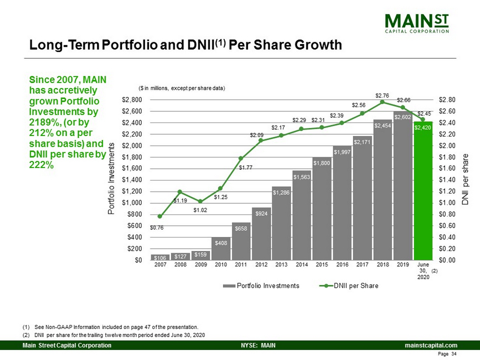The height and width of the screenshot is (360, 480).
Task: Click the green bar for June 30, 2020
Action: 423,191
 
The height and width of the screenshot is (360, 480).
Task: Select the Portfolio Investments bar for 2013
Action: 281,223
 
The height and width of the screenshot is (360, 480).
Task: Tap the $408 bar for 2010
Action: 221,249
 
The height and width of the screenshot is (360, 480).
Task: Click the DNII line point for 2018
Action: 382,102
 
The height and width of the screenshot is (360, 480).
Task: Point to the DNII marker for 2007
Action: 159,216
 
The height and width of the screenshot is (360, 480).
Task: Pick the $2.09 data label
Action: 256,135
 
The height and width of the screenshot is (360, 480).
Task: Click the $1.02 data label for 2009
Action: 200,210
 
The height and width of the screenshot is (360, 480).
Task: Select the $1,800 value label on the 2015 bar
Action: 322,163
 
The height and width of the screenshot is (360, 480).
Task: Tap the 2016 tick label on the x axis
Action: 342,265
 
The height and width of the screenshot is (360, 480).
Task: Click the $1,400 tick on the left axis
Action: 132,180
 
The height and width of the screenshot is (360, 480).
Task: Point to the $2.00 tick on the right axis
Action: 447,146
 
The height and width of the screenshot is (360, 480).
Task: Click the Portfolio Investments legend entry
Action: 261,286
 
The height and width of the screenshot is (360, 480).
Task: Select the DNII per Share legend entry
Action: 348,286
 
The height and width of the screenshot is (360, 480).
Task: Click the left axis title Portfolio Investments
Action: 111,179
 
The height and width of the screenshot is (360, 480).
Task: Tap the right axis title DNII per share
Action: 465,179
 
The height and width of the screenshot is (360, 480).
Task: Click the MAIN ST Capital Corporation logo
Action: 417,23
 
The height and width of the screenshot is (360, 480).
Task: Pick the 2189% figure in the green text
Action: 45,122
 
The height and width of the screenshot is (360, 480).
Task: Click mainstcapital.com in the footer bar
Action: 431,345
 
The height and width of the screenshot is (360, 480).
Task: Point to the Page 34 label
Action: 447,354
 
